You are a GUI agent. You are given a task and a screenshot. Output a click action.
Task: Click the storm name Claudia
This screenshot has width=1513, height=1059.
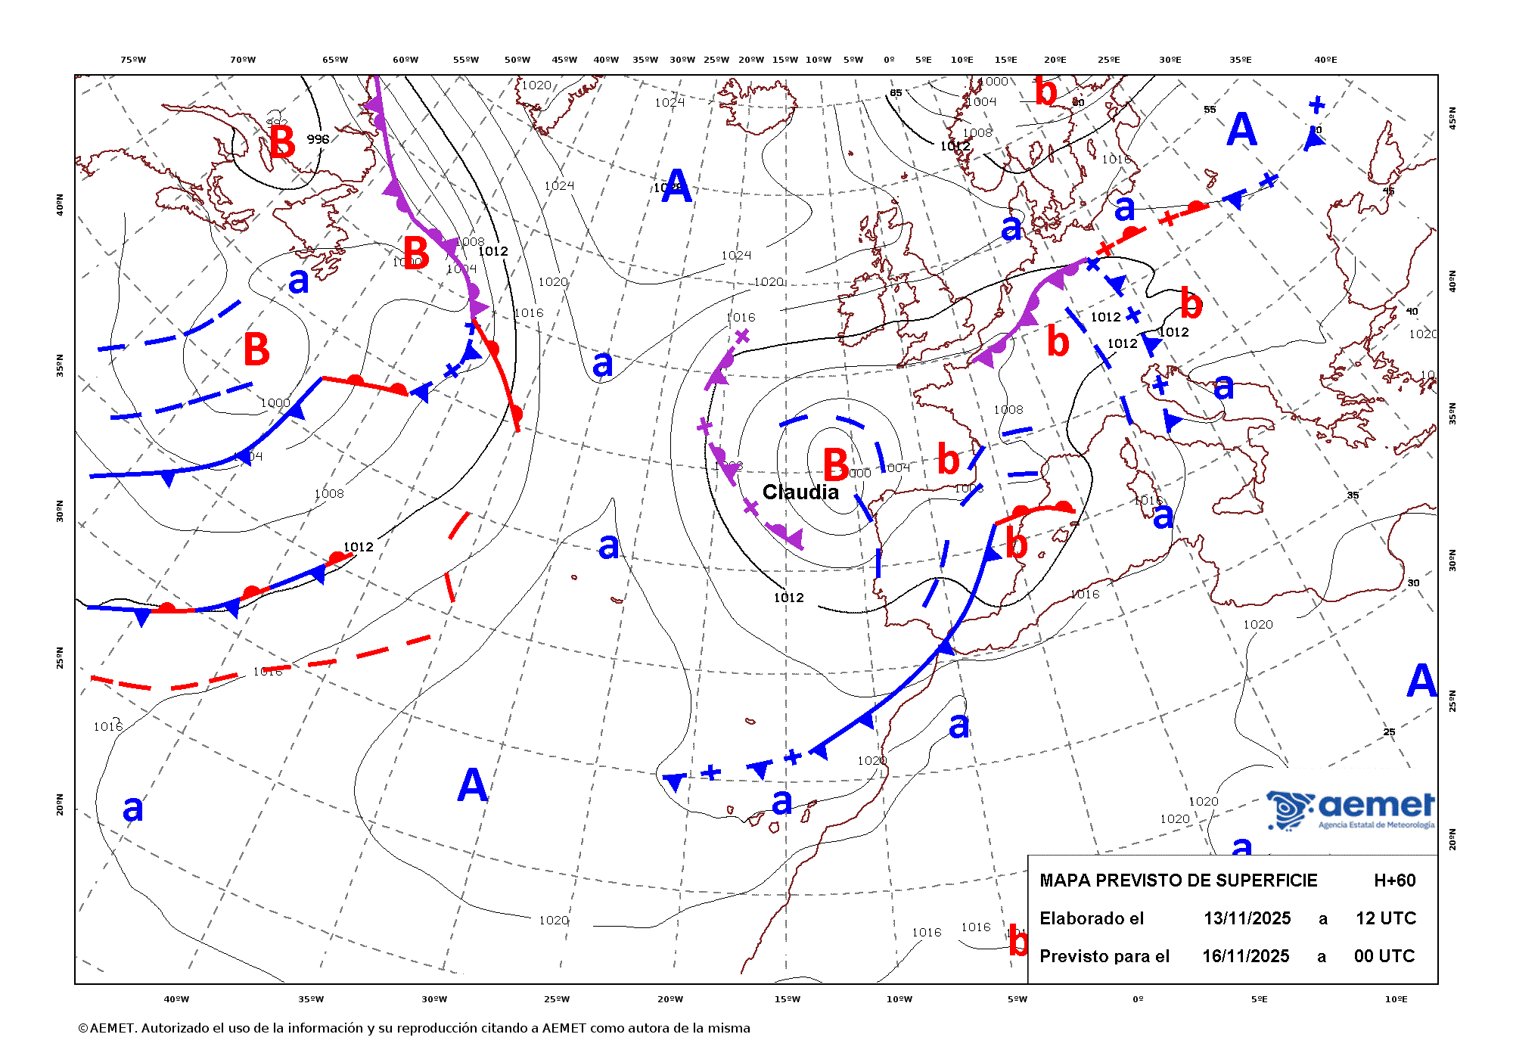coord(800,492)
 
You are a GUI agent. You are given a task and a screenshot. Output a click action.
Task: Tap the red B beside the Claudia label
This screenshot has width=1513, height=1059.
coord(835,464)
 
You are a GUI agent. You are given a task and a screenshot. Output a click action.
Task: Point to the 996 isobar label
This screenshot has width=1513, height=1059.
coord(318,139)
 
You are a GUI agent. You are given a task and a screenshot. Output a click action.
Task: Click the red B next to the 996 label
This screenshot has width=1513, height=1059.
coord(282,141)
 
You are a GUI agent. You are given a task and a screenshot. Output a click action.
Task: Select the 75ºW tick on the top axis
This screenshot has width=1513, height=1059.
coord(133,60)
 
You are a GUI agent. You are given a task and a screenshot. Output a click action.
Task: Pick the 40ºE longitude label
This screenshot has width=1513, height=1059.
coord(1325,60)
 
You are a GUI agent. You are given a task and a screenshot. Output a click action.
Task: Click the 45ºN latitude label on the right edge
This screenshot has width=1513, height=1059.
coord(1452,118)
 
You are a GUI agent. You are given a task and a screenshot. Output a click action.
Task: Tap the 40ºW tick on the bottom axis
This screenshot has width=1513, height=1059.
coord(176,999)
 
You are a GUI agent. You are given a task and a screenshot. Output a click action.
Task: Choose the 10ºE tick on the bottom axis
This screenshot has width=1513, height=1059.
coord(1396,999)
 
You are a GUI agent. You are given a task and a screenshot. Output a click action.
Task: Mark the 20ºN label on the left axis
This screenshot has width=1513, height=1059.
coord(60,804)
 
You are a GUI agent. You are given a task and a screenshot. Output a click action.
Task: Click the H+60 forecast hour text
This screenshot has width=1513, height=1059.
coord(1394,880)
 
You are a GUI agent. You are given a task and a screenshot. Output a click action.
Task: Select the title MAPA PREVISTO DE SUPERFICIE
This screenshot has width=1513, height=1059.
coord(1178,880)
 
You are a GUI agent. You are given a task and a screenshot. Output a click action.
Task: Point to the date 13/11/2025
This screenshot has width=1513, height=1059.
coord(1247,918)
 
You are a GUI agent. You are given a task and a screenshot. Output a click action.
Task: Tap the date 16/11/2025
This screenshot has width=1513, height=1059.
coord(1245,956)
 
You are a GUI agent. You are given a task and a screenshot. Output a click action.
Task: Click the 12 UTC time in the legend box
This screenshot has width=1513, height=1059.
coord(1385,918)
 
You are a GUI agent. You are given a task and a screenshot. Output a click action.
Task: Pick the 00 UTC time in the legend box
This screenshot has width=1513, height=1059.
coord(1384,956)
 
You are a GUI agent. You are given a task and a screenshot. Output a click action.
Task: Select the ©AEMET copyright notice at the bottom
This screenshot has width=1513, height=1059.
coord(414,1028)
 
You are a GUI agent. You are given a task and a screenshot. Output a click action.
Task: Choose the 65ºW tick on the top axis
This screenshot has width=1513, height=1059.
coord(335,60)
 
